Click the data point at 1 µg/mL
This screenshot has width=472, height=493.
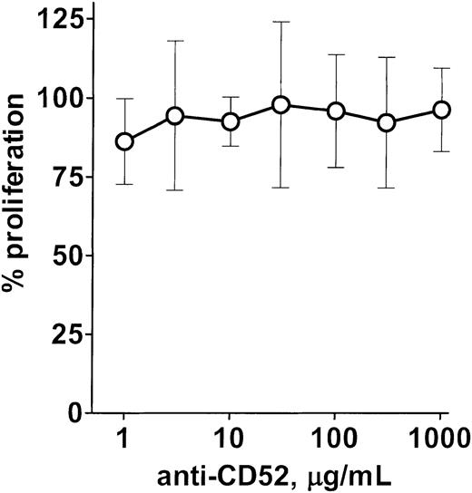[124, 141]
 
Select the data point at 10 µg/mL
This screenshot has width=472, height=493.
[230, 121]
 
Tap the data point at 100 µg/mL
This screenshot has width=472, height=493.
[336, 111]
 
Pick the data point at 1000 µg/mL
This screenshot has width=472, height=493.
[442, 110]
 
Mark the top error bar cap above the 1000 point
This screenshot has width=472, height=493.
[442, 68]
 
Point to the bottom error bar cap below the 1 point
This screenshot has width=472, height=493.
[124, 184]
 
